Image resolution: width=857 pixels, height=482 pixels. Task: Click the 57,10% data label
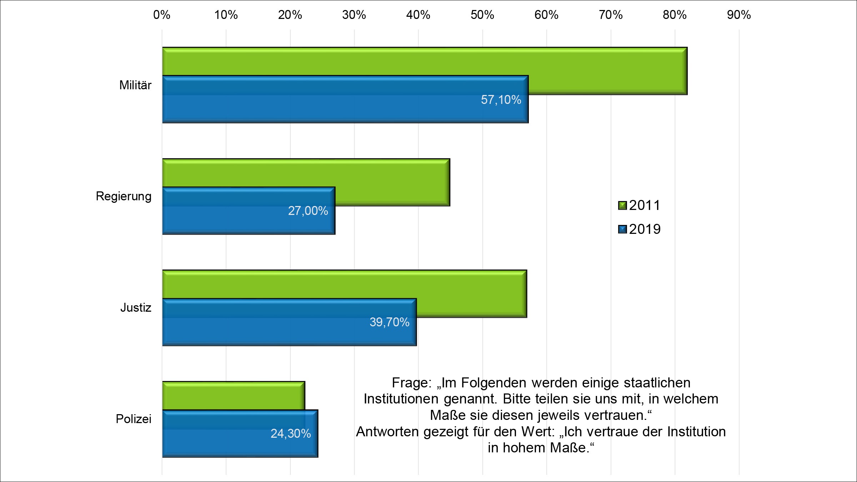(501, 100)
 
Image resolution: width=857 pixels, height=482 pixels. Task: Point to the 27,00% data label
(308, 211)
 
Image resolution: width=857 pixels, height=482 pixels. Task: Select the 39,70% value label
(389, 322)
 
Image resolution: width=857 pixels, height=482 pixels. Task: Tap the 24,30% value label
(291, 434)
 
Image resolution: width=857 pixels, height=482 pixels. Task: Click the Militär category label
(135, 85)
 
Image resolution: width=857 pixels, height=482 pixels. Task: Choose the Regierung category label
(124, 196)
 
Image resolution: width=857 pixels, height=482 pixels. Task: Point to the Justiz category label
(136, 308)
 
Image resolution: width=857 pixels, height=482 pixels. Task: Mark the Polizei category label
(134, 419)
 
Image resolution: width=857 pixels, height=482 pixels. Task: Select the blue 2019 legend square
(622, 229)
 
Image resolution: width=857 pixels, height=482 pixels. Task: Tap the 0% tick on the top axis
(162, 15)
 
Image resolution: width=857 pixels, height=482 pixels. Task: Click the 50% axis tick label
(482, 15)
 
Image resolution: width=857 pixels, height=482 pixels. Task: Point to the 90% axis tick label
(739, 15)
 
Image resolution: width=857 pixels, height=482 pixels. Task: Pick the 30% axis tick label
(354, 15)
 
